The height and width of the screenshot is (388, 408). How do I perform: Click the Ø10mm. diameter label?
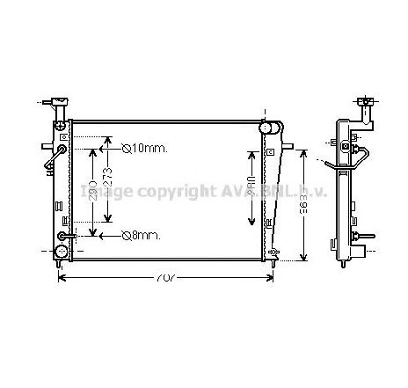(145, 148)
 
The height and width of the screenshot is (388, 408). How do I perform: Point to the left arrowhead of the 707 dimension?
(62, 279)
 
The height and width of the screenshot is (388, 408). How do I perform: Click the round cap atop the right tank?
(269, 128)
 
